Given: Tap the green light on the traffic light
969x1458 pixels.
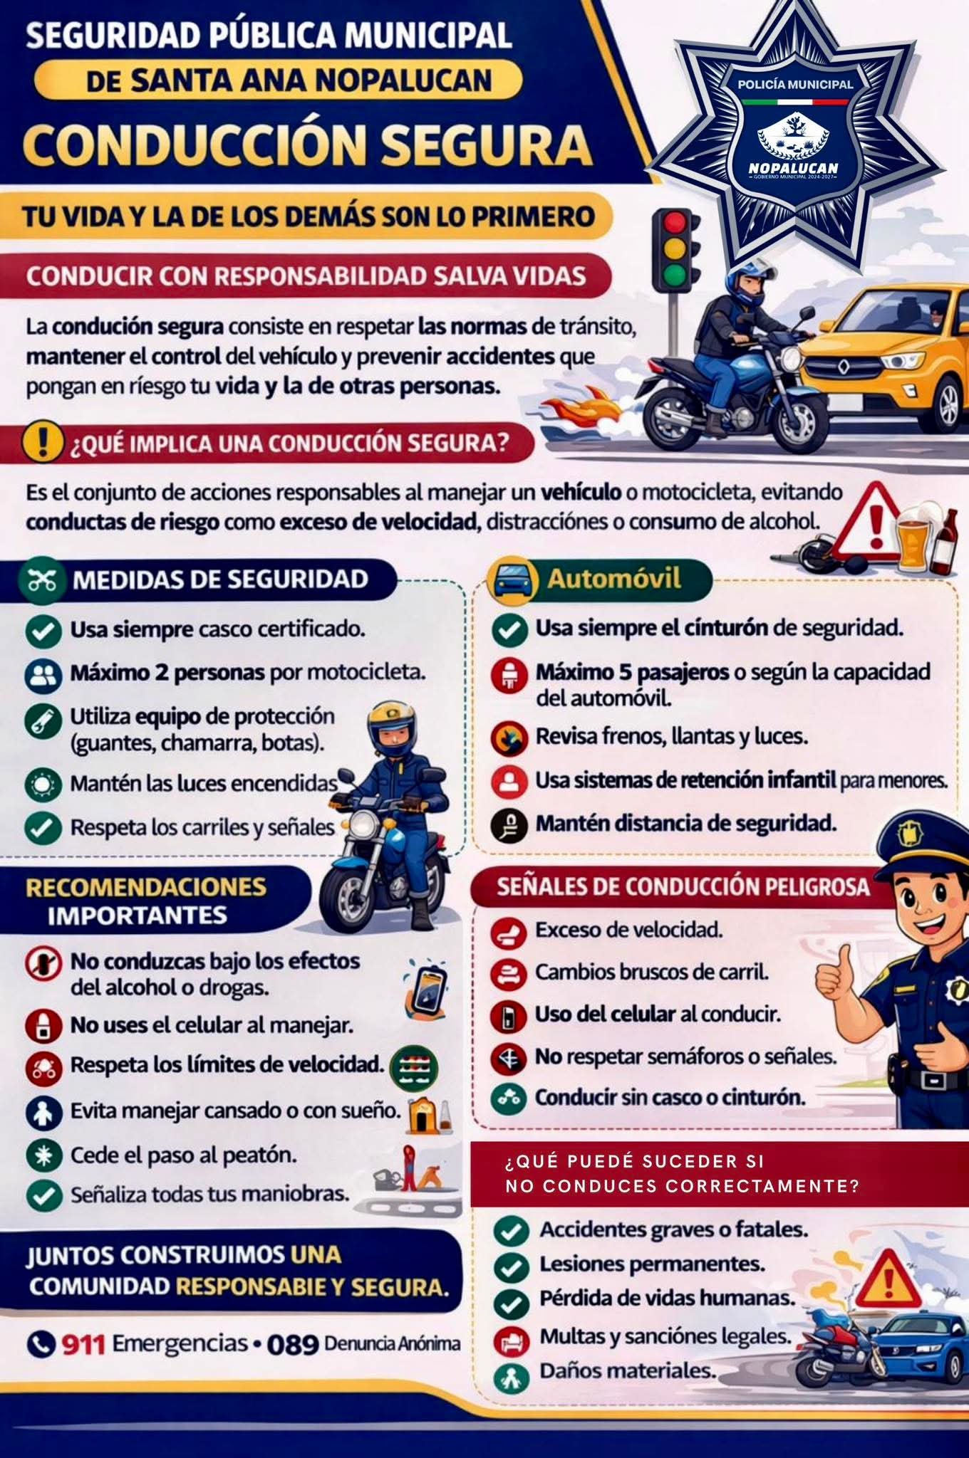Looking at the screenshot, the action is coord(674,273).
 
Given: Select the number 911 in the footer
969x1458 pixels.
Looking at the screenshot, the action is coord(83,1344).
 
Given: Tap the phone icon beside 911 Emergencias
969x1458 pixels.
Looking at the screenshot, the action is coord(41,1344).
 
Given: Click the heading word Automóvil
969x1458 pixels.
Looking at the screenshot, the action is coord(613,578).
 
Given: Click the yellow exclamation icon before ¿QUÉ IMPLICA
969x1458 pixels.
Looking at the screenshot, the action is coord(44,442).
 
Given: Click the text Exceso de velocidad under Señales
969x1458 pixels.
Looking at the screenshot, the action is coord(629,930).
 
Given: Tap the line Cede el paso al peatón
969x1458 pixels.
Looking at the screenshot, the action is coord(183,1154).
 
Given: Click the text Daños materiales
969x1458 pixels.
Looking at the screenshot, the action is coord(628,1370).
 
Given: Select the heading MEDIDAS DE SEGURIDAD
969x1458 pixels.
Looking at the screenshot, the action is coord(220,579).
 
